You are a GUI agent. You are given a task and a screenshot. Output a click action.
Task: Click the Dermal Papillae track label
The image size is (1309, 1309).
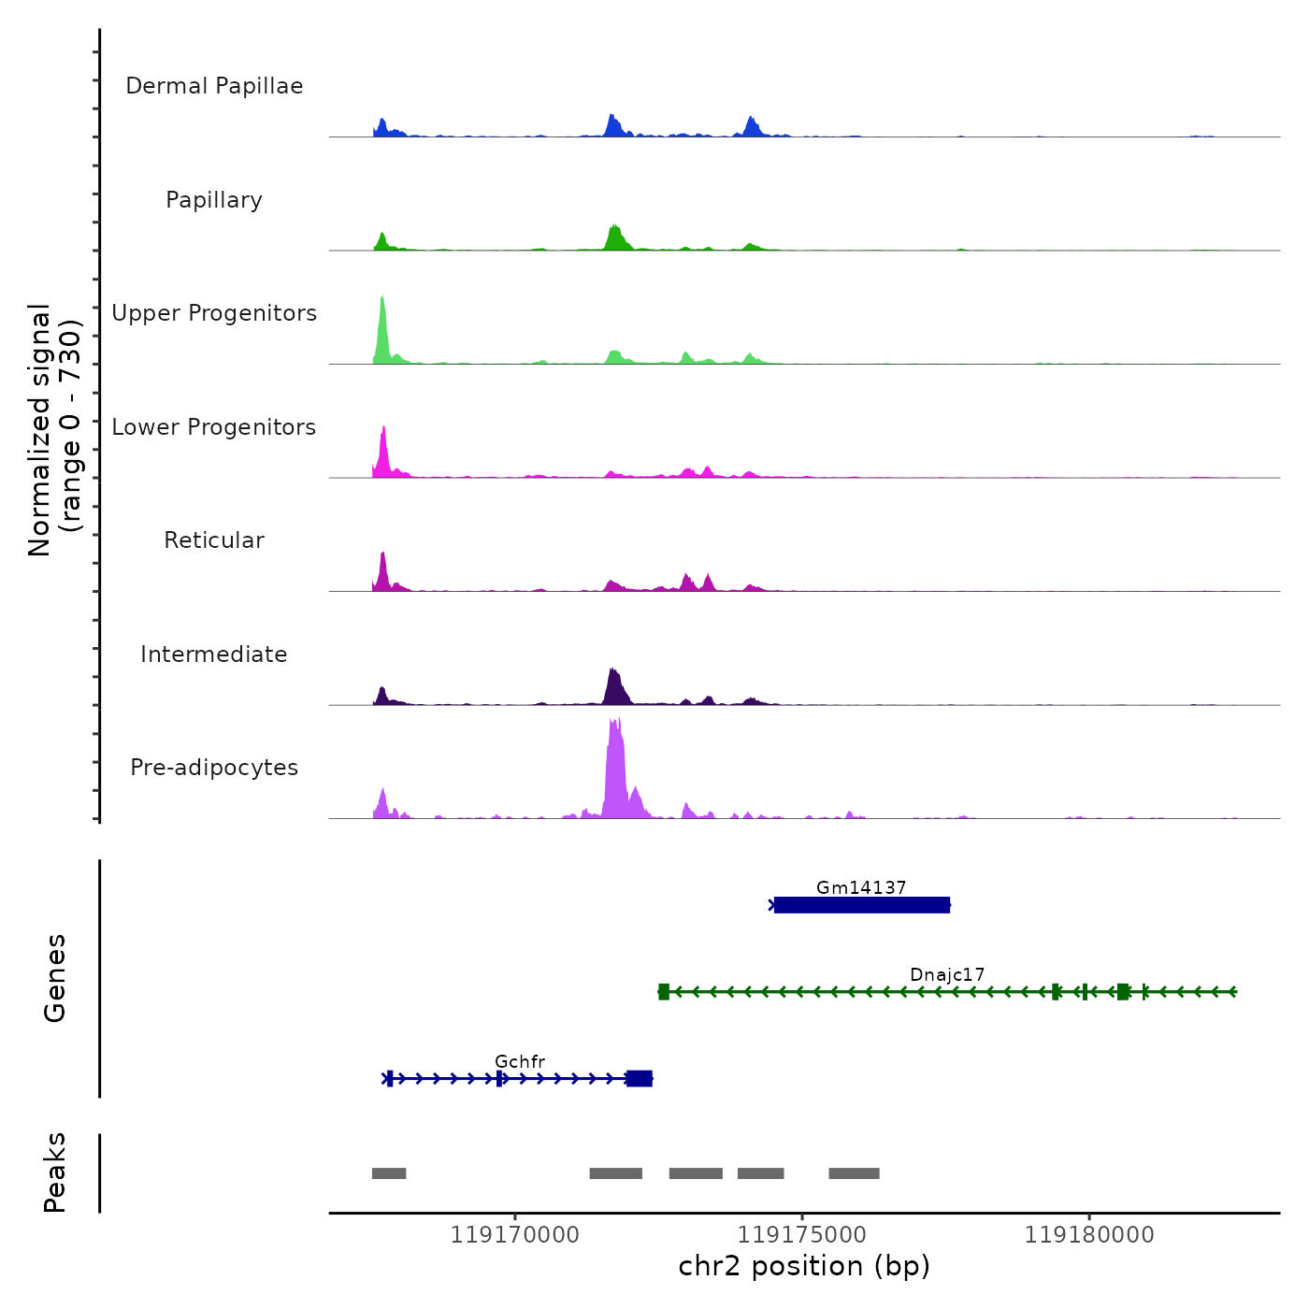coord(214,86)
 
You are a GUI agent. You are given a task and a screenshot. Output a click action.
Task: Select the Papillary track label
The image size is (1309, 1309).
coord(214,200)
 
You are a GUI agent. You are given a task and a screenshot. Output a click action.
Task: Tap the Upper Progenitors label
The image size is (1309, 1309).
coord(214,313)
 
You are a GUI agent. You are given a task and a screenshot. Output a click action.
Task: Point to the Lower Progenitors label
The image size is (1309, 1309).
coord(214,427)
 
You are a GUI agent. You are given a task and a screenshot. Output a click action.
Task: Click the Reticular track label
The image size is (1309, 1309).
coord(214,540)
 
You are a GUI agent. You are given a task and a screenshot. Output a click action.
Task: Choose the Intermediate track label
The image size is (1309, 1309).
coord(214,654)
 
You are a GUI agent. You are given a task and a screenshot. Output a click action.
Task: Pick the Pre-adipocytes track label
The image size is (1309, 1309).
coord(214,768)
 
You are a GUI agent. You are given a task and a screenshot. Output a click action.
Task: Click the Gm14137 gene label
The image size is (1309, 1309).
coord(861,887)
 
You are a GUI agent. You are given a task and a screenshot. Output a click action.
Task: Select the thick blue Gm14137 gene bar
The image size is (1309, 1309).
coord(861,905)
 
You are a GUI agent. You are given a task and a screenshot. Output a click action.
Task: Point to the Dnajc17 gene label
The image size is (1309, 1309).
coord(947,974)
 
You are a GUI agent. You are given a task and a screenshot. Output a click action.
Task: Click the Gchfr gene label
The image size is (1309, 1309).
coord(520,1061)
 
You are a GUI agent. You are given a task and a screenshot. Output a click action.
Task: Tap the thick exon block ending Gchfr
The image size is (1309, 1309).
coord(640,1079)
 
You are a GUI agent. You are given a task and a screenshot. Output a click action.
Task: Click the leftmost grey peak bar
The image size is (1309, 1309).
coord(389,1173)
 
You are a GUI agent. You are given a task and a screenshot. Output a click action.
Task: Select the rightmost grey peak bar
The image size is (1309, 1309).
coord(854,1173)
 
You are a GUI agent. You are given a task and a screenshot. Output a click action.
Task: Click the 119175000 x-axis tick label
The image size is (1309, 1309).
coord(802,1235)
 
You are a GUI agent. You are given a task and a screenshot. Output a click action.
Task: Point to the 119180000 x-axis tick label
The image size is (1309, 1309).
coord(1089,1235)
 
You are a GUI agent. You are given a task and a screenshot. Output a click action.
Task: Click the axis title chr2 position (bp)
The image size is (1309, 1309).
coord(804,1266)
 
